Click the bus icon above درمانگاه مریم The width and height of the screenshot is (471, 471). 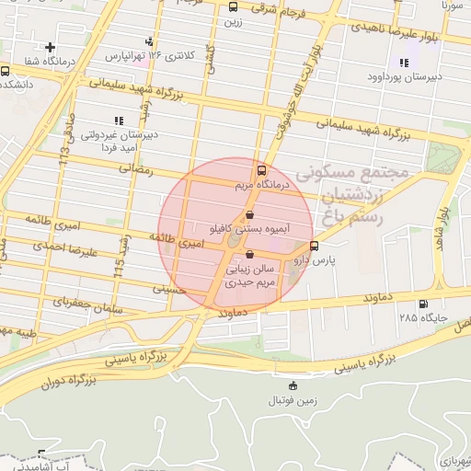pos(262,170)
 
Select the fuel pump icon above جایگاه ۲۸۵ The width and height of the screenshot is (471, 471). pos(422,304)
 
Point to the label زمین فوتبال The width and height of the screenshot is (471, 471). pos(293,400)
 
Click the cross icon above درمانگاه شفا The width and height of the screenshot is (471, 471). pos(50,46)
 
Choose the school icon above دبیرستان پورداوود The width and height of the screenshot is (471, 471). pos(403,63)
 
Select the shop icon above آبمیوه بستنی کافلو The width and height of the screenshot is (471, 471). pos(249,214)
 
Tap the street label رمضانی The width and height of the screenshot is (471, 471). pos(134,169)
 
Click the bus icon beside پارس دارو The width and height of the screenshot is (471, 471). pos(315,246)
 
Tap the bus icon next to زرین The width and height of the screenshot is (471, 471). pos(232,6)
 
